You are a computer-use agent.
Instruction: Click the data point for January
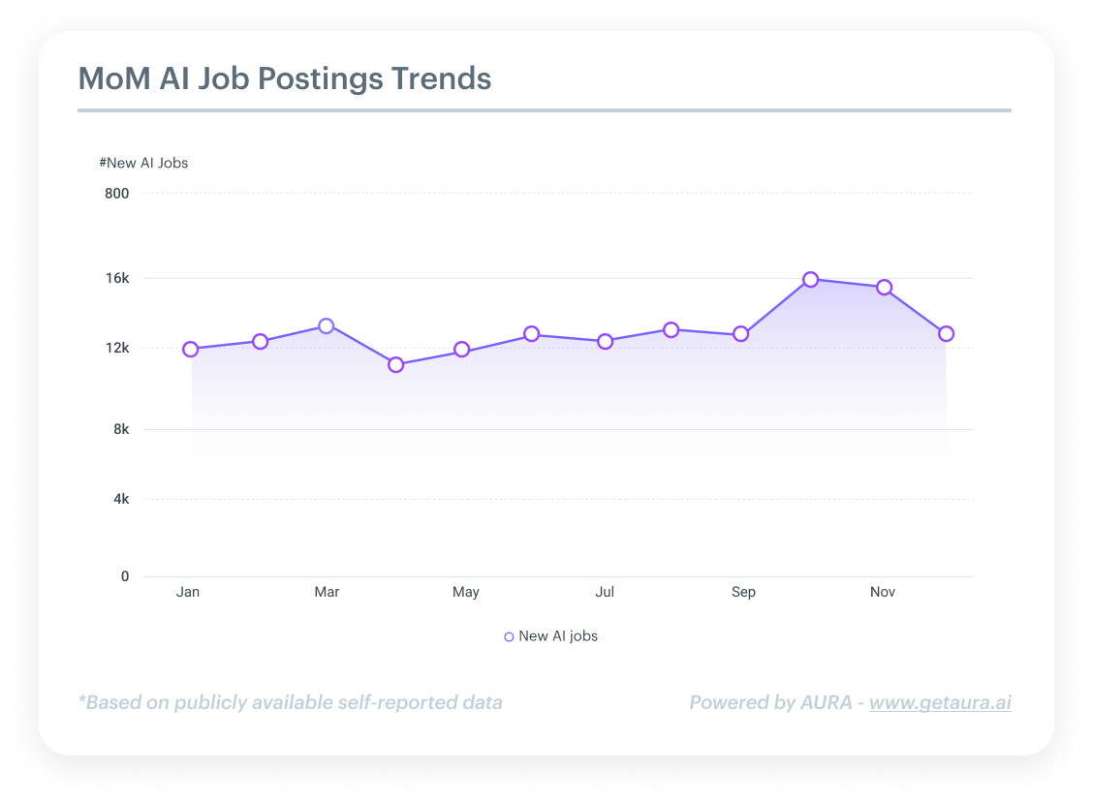tap(190, 349)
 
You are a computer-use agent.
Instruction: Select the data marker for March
tap(327, 325)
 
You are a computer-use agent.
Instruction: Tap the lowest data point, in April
tap(395, 364)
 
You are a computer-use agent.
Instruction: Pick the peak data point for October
tap(811, 279)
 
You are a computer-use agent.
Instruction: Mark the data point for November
tap(884, 287)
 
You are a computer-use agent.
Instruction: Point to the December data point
tap(946, 333)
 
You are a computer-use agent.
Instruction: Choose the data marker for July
tap(606, 341)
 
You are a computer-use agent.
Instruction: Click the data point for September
tap(741, 333)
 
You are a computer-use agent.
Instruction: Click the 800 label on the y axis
tap(116, 193)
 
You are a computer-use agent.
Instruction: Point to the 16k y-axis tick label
tap(117, 278)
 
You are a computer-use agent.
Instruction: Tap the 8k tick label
tap(120, 429)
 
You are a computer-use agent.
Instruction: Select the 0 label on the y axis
tap(125, 576)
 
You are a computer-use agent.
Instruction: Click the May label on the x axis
tap(465, 592)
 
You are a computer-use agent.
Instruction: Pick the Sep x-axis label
tap(743, 592)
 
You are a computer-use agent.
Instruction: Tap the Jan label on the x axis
tap(188, 592)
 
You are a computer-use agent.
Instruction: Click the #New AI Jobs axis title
tap(143, 163)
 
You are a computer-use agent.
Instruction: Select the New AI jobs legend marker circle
tap(509, 636)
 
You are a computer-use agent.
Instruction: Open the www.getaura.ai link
tap(940, 702)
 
